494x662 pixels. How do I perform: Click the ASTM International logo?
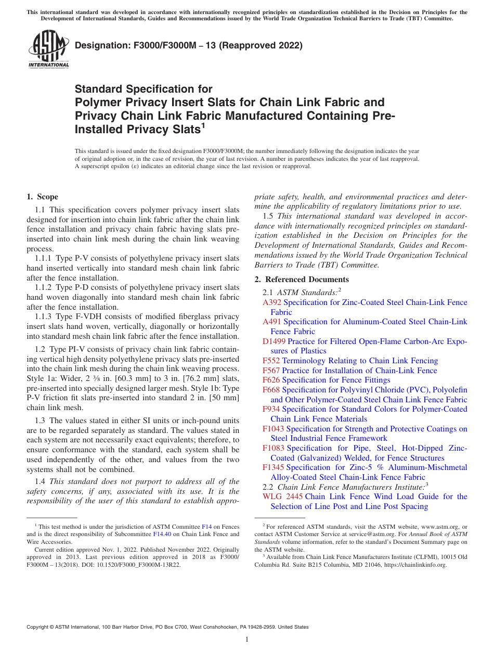click(x=48, y=50)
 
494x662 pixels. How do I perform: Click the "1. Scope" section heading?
click(x=43, y=197)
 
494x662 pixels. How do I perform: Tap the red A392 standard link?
click(x=272, y=302)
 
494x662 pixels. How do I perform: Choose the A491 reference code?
click(x=272, y=322)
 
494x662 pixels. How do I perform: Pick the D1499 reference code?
click(x=274, y=341)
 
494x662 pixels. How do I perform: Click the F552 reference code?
click(x=271, y=361)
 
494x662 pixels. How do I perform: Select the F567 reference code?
click(x=271, y=371)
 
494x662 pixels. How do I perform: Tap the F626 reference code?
click(x=271, y=380)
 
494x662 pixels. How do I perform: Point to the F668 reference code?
click(x=271, y=390)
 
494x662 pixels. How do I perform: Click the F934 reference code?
click(x=271, y=409)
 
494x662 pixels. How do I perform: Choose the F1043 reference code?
click(x=274, y=429)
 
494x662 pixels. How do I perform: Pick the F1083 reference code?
click(x=274, y=448)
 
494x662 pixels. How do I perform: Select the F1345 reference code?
click(x=274, y=467)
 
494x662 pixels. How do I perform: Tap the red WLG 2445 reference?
click(x=283, y=497)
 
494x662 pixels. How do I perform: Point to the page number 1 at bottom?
click(x=247, y=640)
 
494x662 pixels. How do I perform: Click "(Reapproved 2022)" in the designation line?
click(x=258, y=46)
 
